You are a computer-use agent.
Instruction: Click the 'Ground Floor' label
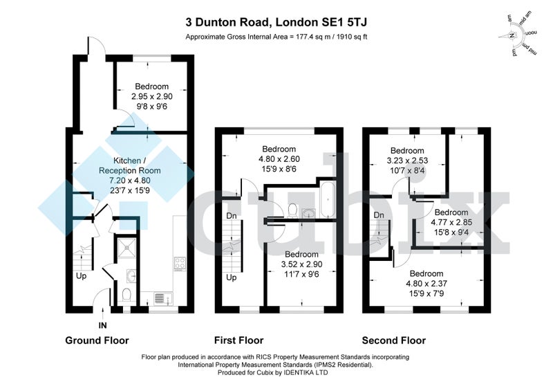[x=97, y=340]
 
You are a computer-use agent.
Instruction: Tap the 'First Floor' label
[x=238, y=340]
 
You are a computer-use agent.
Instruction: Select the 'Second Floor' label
[x=393, y=340]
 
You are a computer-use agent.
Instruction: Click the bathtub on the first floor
[x=328, y=200]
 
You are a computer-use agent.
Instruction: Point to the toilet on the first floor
[x=292, y=210]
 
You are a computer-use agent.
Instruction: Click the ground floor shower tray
[x=127, y=248]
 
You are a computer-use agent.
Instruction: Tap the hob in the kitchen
[x=180, y=264]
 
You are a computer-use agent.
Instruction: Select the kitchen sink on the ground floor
[x=162, y=298]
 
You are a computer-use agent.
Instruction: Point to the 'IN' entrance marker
[x=102, y=325]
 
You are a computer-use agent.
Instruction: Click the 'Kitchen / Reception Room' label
[x=130, y=165]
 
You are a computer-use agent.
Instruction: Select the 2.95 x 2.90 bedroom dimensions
[x=152, y=96]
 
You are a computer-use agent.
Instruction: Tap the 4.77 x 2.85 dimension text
[x=451, y=222]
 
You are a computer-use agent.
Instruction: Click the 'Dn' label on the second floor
[x=379, y=215]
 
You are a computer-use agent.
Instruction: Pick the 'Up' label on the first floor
[x=232, y=278]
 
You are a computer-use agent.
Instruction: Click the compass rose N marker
[x=512, y=35]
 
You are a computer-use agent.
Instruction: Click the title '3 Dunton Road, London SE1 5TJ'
[x=276, y=22]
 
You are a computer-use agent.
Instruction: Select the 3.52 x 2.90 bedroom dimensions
[x=302, y=264]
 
